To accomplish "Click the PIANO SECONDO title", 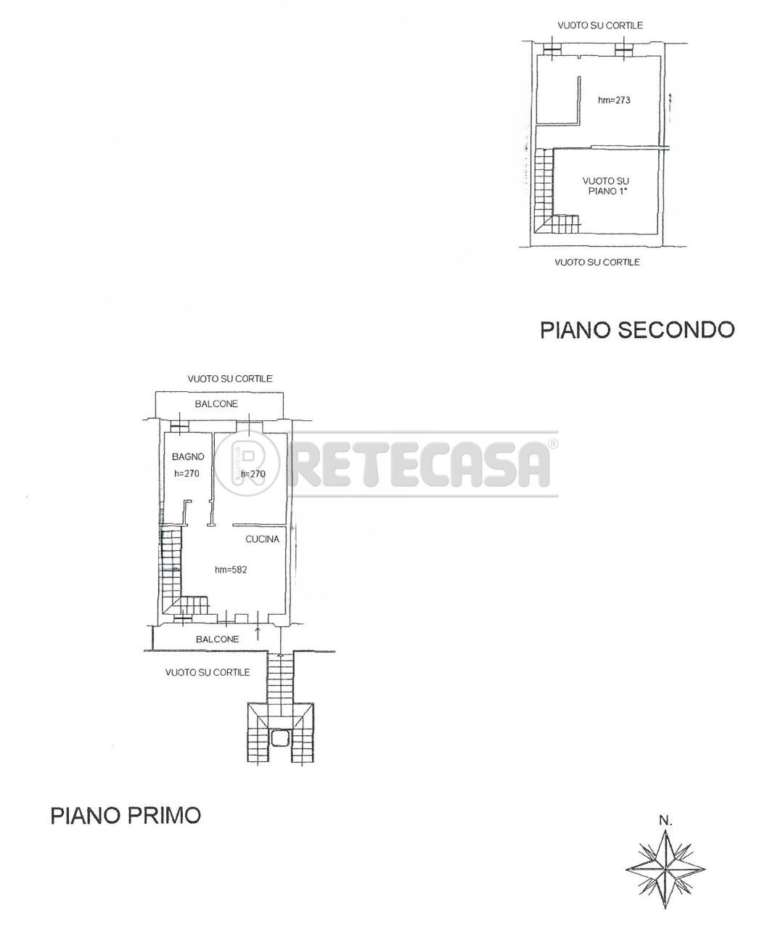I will coord(637,330).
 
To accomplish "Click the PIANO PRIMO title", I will coord(126,815).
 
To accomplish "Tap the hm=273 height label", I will coord(613,100).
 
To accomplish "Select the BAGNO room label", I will coord(188,457).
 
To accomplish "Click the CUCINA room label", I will coord(262,539).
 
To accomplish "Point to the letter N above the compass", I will coord(665,822).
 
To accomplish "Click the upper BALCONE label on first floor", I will coord(216,404).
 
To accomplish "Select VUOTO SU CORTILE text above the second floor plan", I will coord(599,25).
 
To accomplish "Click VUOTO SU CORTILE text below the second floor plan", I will coord(597,262).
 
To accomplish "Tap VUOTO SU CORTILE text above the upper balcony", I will coord(229,379).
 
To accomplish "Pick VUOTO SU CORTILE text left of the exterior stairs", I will coord(208,673).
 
